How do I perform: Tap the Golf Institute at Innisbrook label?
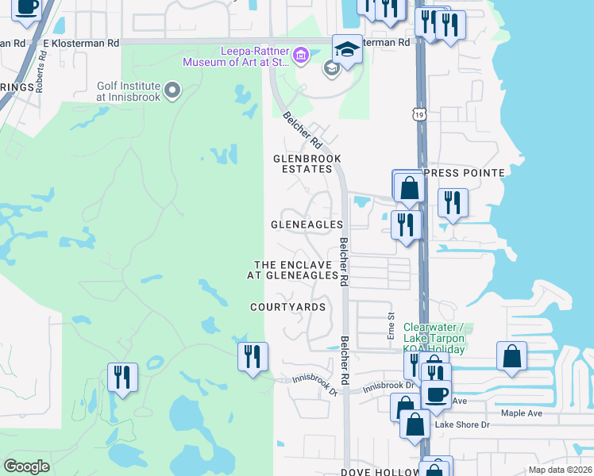129,91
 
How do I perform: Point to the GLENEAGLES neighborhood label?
306,225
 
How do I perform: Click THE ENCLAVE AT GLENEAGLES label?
295,270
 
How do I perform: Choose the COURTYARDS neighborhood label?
287,307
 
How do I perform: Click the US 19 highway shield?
418,115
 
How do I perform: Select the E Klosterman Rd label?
81,41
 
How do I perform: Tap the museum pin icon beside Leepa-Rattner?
300,55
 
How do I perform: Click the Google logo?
27,466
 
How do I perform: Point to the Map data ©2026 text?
560,470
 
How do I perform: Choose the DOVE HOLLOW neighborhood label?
380,472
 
